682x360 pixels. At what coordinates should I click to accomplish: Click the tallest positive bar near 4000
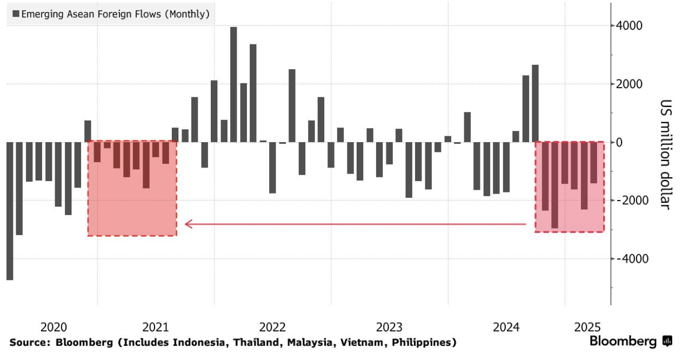233,84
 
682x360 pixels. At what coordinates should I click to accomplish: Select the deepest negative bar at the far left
10,211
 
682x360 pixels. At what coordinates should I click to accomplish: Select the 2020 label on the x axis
54,327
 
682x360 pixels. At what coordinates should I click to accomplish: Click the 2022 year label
272,327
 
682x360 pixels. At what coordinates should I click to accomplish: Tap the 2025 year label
587,327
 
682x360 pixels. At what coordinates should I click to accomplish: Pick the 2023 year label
389,327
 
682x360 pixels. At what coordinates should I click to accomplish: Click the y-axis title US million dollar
665,155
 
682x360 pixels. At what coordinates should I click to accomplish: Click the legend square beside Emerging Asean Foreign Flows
15,14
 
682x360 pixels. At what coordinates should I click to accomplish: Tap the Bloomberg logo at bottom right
630,341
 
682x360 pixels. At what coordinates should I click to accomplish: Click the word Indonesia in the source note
188,342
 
